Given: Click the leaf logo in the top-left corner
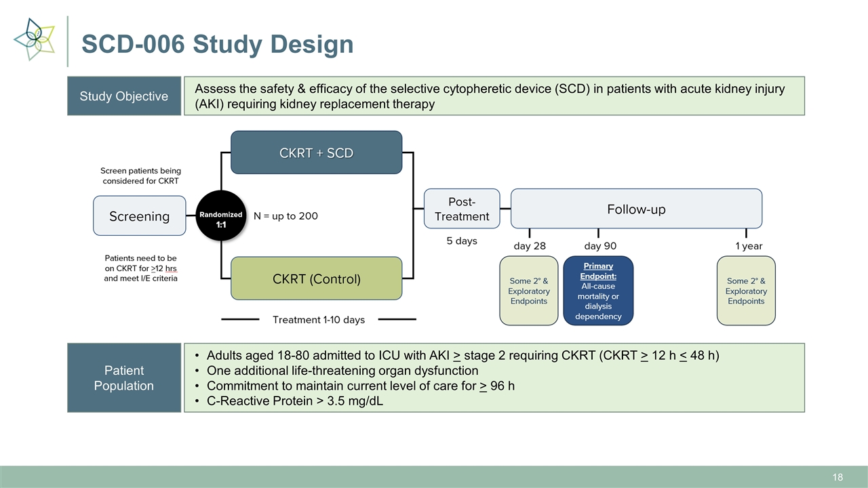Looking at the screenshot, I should click(35, 39).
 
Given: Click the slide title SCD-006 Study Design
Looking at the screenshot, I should click(217, 44).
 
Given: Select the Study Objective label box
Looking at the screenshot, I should click(124, 96).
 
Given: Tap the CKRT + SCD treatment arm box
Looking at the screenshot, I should click(316, 152).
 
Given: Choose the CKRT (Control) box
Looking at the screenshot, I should click(316, 279).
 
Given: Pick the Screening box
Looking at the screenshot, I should click(139, 216).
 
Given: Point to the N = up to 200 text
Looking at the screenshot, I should click(285, 216).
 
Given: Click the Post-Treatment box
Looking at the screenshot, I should click(462, 209).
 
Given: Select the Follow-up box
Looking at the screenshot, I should click(635, 209).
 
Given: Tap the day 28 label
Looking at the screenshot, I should click(529, 246).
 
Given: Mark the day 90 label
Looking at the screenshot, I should click(600, 246).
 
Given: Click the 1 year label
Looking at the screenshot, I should click(749, 246).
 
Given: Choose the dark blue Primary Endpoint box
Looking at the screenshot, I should click(598, 291).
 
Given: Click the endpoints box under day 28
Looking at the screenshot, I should click(529, 291).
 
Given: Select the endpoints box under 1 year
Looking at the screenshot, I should click(746, 291).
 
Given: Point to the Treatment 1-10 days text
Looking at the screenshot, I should click(318, 319).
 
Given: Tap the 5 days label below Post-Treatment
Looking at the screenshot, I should click(462, 241).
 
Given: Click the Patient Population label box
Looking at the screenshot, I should click(124, 378).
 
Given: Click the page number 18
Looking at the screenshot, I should click(837, 477).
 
